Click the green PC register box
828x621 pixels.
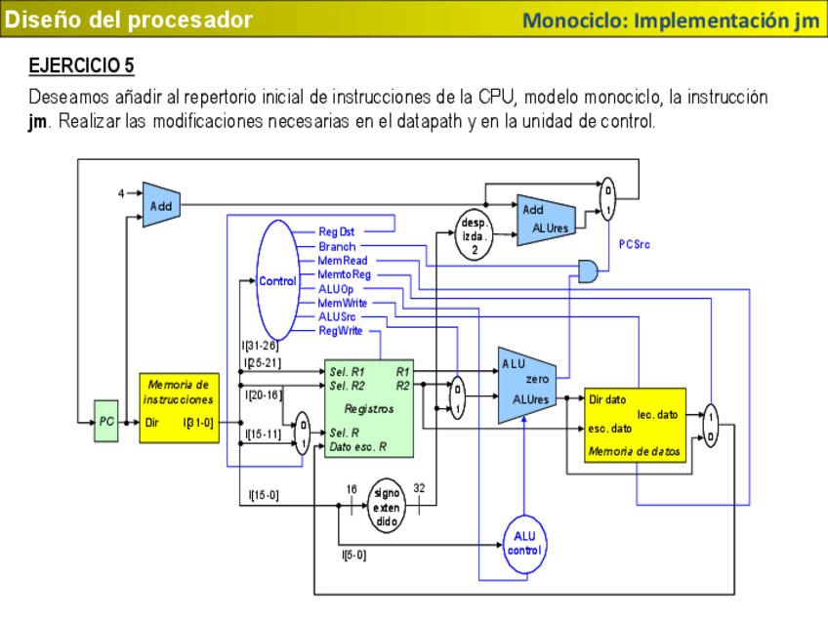[x=106, y=421]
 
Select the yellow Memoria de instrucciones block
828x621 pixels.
[x=177, y=407]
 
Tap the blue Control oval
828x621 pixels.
[x=276, y=280]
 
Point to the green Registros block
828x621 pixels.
[x=368, y=408]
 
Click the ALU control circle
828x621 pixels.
[x=523, y=543]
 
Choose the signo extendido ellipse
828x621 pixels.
[x=387, y=506]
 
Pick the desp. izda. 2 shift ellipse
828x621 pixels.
[x=474, y=234]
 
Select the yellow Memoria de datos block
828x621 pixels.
[x=635, y=425]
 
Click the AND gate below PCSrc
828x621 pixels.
[x=589, y=271]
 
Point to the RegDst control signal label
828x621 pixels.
[x=337, y=231]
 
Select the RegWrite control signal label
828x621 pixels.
[x=341, y=331]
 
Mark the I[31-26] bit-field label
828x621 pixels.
[x=260, y=346]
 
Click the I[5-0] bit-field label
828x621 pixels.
[x=353, y=556]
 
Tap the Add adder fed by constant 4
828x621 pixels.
[x=158, y=205]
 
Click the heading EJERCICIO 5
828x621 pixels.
[x=82, y=66]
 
